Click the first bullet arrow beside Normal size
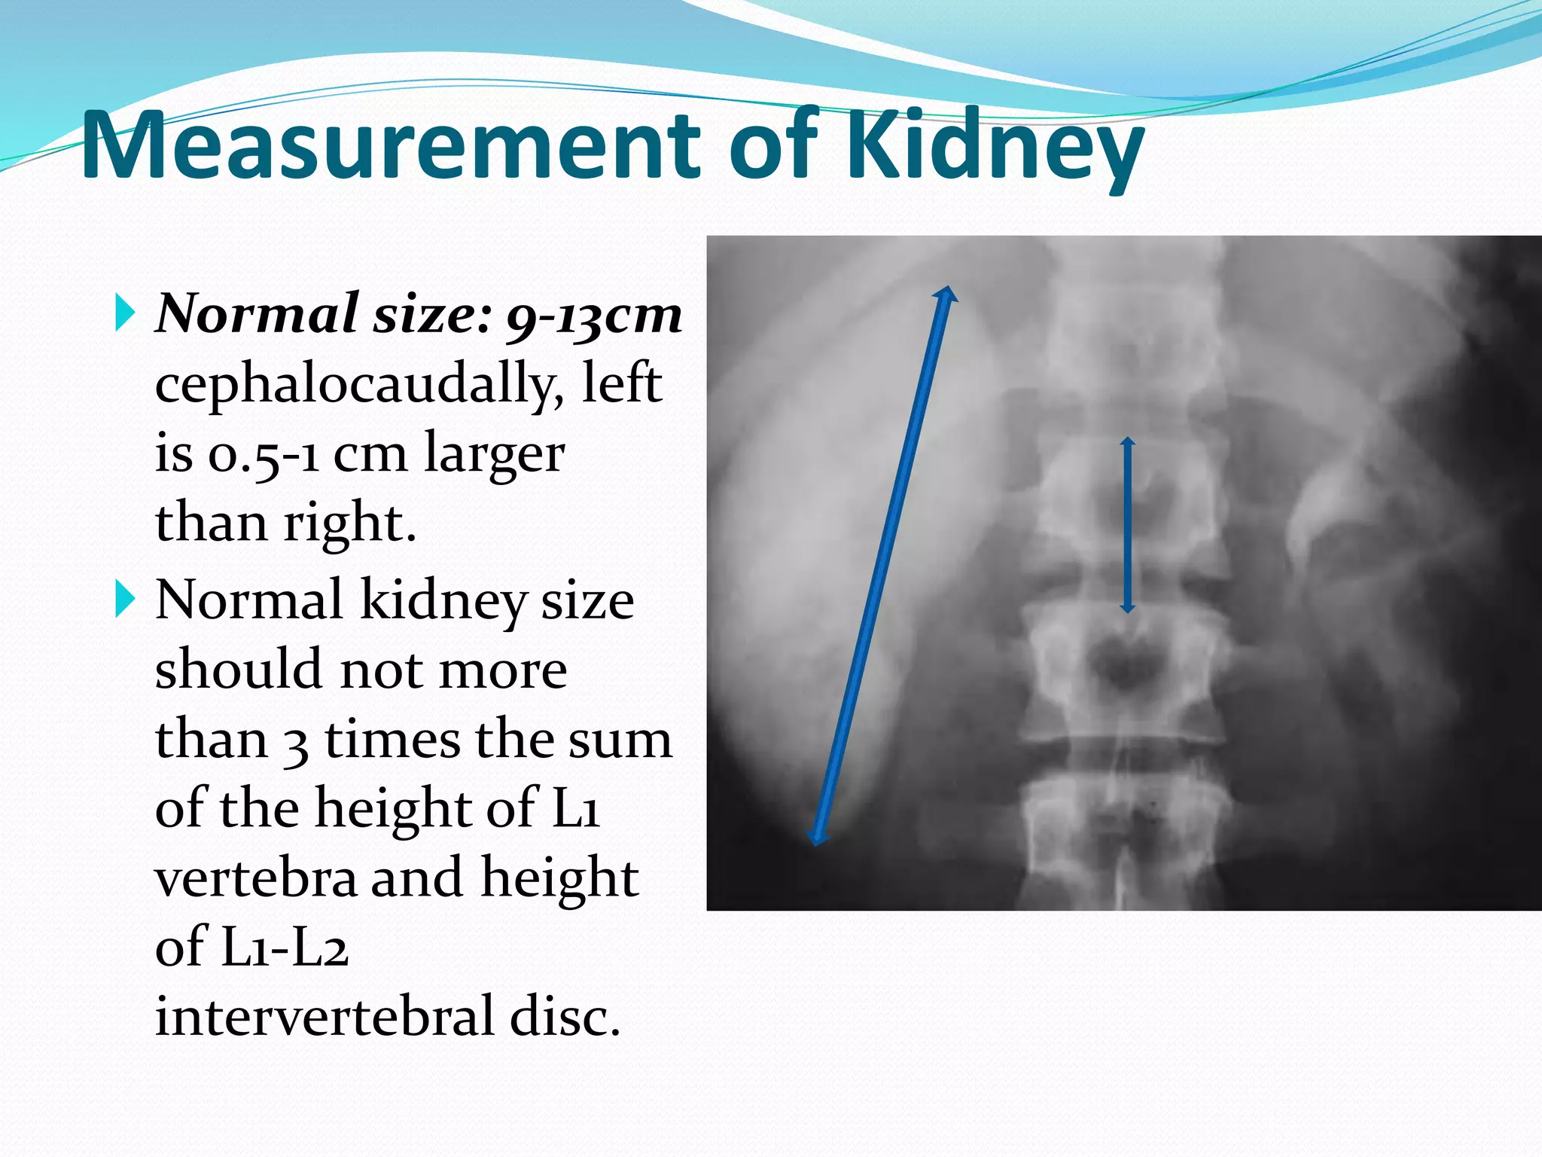pos(125,313)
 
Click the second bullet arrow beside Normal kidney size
pos(125,600)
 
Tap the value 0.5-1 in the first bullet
pos(264,455)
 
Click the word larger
pos(494,453)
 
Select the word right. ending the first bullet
pos(349,523)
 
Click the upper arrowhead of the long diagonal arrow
pos(946,295)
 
